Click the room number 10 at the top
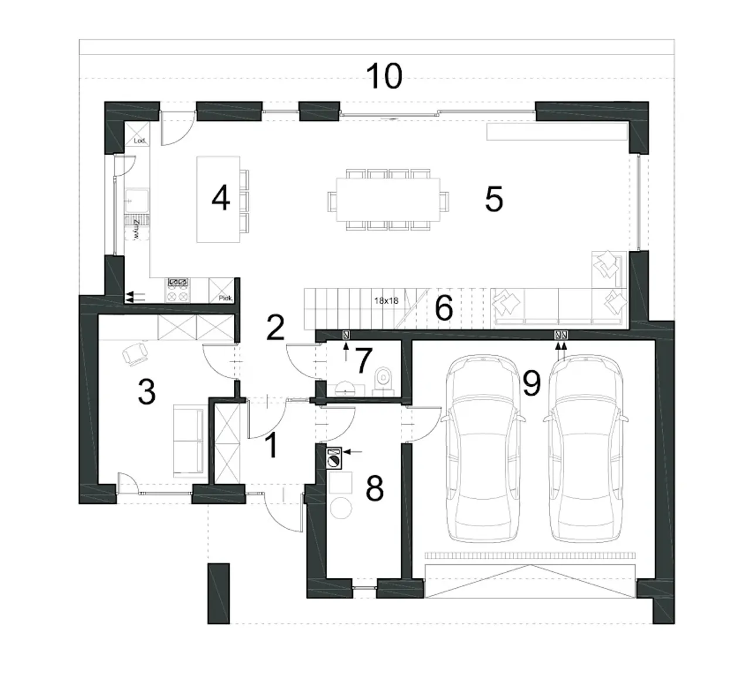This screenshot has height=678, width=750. [384, 76]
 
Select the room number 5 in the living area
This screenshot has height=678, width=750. [494, 199]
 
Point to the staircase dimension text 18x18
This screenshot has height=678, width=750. [386, 301]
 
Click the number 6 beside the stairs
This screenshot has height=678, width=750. [444, 308]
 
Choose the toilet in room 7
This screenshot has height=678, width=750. [384, 380]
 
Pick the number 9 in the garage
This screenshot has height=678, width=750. [531, 384]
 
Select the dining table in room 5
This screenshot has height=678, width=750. [388, 199]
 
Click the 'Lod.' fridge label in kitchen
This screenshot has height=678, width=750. [139, 141]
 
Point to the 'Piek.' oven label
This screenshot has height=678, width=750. [226, 298]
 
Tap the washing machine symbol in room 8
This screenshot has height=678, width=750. [334, 458]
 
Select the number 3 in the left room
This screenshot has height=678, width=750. [146, 391]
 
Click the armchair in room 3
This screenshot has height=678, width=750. [135, 353]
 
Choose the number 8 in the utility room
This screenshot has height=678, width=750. [374, 488]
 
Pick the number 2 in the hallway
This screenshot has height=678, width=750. [275, 328]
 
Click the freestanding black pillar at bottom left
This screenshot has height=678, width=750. [219, 593]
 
